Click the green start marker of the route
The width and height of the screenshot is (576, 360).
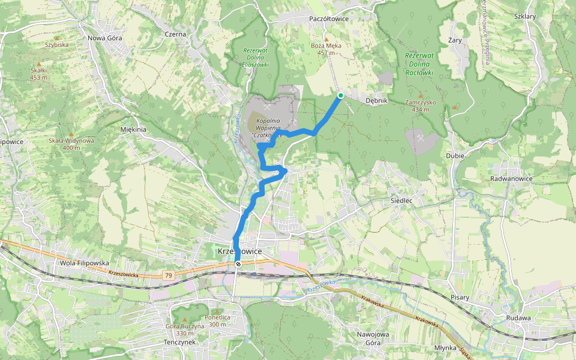[340, 95]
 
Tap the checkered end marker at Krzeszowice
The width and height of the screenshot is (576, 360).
[238, 263]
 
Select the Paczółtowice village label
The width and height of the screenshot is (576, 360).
[329, 19]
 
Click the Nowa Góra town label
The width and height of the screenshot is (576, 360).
[105, 37]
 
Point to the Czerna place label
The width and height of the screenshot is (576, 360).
[176, 34]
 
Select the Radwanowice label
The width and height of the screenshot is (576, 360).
[511, 179]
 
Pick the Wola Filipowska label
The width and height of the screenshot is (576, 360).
[85, 263]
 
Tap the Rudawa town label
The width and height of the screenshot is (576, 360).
[518, 318]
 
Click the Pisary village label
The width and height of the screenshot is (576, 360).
[460, 297]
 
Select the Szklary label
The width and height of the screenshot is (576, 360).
[524, 16]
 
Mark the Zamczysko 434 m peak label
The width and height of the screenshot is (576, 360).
[420, 106]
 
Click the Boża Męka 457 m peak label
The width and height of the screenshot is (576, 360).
[326, 49]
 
